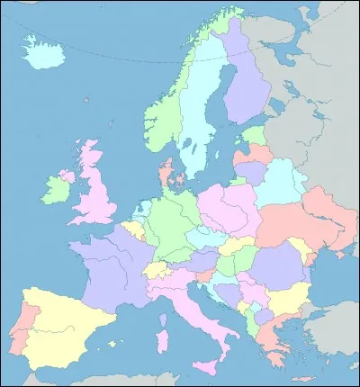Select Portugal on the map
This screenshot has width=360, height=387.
tap(26, 325)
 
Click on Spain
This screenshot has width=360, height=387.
tap(63, 319)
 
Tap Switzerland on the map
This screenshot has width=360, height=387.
tap(159, 269)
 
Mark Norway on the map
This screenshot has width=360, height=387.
tap(162, 117)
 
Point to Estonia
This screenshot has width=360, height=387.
tap(255, 138)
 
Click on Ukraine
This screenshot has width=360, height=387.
tap(306, 225)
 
